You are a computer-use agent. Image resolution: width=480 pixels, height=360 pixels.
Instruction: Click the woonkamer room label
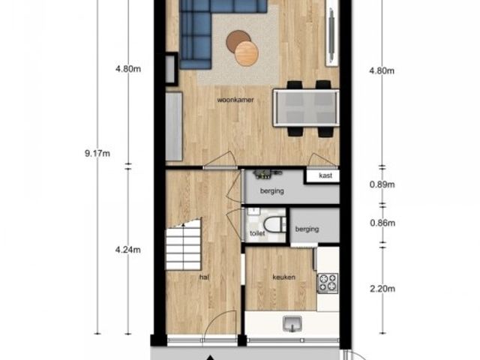235,100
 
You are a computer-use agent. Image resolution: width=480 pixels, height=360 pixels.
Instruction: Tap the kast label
325,175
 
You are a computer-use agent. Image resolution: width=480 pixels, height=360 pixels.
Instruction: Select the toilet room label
257,233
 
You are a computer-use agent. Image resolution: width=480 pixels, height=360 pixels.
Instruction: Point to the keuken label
284,277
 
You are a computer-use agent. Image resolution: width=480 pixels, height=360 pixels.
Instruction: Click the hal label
204,277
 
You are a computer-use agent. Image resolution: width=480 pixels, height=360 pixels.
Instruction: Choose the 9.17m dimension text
97,153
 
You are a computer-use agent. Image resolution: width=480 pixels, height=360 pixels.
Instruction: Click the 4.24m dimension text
128,250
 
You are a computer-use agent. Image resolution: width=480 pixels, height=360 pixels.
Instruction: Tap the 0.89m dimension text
382,184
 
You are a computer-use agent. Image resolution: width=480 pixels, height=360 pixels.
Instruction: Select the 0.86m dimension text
382,223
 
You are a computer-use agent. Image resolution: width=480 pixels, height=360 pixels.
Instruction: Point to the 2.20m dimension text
382,289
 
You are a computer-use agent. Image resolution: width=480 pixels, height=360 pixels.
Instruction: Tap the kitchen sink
292,324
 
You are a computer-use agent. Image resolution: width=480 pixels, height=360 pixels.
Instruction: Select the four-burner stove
328,283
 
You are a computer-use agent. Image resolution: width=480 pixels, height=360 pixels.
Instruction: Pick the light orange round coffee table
247,53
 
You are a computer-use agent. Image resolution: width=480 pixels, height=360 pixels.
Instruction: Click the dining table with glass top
307,108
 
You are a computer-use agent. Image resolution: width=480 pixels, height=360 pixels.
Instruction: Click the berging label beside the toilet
307,229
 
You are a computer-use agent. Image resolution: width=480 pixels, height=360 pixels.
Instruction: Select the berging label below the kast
271,191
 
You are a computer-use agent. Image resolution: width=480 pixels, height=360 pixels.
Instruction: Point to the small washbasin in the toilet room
253,211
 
